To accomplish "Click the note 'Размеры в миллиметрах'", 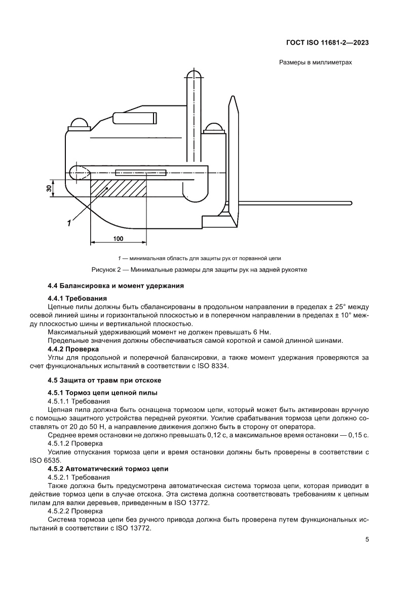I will tap(315, 63).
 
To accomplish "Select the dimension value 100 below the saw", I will tap(118, 239).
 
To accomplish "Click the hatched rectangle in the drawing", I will tap(119, 187).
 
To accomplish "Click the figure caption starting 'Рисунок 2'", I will tap(199, 270).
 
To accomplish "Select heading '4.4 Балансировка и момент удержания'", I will tap(116, 286).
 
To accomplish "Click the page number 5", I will tap(367, 540).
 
